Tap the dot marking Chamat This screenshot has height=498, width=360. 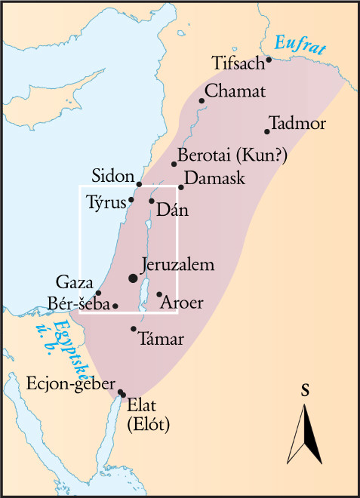pyautogui.click(x=202, y=100)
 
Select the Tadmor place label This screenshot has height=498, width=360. pyautogui.click(x=300, y=123)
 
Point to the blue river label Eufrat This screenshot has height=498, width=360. pyautogui.click(x=300, y=45)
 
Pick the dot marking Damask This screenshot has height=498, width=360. pyautogui.click(x=181, y=187)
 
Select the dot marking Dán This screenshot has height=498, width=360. pyautogui.click(x=152, y=201)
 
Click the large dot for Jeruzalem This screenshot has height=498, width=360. pyautogui.click(x=134, y=278)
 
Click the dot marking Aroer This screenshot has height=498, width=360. pyautogui.click(x=159, y=294)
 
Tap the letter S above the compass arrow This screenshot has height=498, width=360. pyautogui.click(x=306, y=390)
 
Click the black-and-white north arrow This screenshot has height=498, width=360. pyautogui.click(x=306, y=433)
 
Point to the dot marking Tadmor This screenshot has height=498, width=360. pyautogui.click(x=267, y=132)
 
